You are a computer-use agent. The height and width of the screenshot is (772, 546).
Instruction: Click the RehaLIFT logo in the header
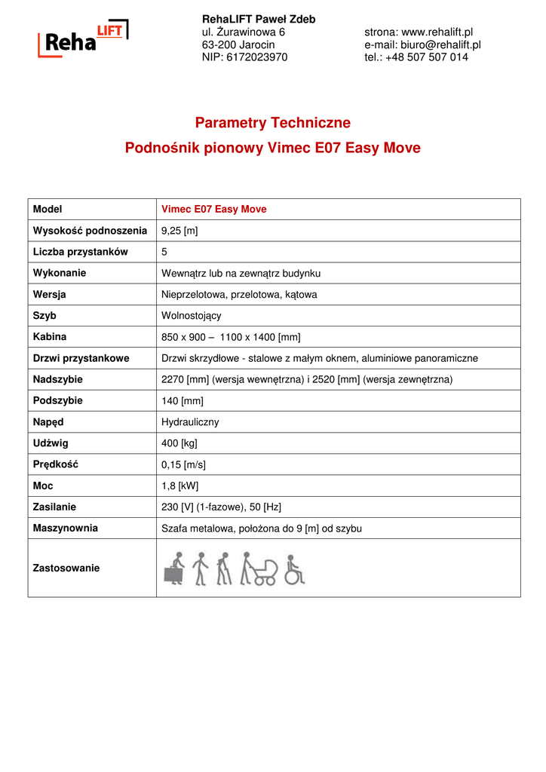(x=83, y=39)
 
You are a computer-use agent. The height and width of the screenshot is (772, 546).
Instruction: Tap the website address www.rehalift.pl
(x=437, y=32)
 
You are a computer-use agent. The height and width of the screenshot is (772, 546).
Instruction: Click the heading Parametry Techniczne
(x=272, y=123)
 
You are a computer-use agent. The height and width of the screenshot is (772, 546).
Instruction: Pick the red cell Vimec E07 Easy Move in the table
(x=214, y=209)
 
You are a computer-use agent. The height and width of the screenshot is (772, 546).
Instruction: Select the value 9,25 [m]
(x=179, y=231)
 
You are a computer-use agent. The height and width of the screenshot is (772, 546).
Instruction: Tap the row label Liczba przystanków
(x=81, y=252)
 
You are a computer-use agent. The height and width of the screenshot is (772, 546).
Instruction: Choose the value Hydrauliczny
(x=190, y=422)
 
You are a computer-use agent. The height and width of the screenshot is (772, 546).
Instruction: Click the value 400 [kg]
(x=179, y=443)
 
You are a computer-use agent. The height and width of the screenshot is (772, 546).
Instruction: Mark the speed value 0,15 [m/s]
(x=184, y=464)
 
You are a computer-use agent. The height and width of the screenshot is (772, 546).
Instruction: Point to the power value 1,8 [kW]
(x=180, y=486)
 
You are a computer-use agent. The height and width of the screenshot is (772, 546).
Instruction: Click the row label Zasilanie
(x=54, y=507)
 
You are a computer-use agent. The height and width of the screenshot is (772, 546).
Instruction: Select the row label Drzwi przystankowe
(x=81, y=358)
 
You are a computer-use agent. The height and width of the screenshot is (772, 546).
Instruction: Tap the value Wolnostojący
(x=192, y=316)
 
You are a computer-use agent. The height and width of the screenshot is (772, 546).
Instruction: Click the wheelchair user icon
(x=294, y=571)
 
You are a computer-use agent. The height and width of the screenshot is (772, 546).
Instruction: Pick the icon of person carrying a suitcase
(x=175, y=569)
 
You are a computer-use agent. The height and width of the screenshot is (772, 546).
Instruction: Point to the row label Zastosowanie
(x=66, y=568)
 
